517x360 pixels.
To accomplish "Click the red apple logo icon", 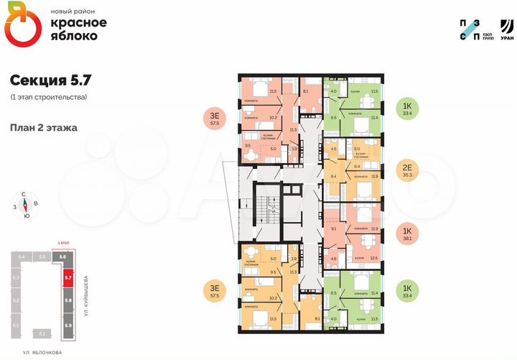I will [24, 26].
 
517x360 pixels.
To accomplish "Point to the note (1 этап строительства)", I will [49, 97].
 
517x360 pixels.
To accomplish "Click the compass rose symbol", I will [26, 205].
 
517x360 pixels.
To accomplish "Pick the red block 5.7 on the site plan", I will [67, 276].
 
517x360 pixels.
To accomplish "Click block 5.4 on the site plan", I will [22, 257].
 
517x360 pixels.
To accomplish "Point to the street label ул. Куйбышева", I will [86, 295].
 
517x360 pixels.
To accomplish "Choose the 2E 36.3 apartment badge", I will [407, 170].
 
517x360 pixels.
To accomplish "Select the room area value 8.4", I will [333, 175].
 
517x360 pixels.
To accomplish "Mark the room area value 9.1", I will [333, 229].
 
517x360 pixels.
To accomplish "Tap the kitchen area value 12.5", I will [374, 258].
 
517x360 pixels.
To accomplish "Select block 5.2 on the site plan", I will [17, 300].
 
